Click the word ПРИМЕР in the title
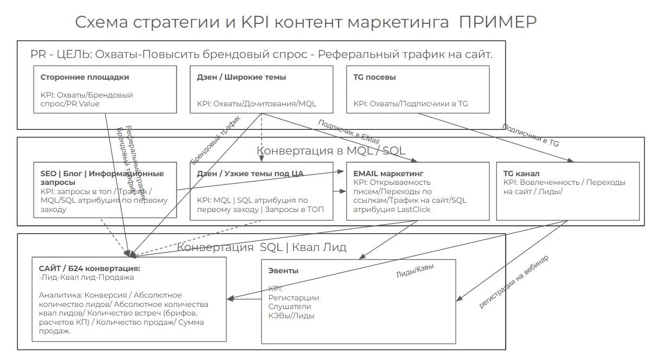pos(497,22)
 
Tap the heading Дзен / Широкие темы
pos(241,77)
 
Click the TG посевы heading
pos(374,77)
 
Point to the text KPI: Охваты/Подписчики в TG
pos(411,104)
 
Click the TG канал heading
pos(521,173)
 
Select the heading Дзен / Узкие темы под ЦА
pos(250,173)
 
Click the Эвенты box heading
pos(283,271)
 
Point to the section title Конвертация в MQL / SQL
pos(331,150)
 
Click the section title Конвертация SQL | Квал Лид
pos(261,248)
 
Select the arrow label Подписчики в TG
pos(530,135)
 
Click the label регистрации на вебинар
pos(513,282)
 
